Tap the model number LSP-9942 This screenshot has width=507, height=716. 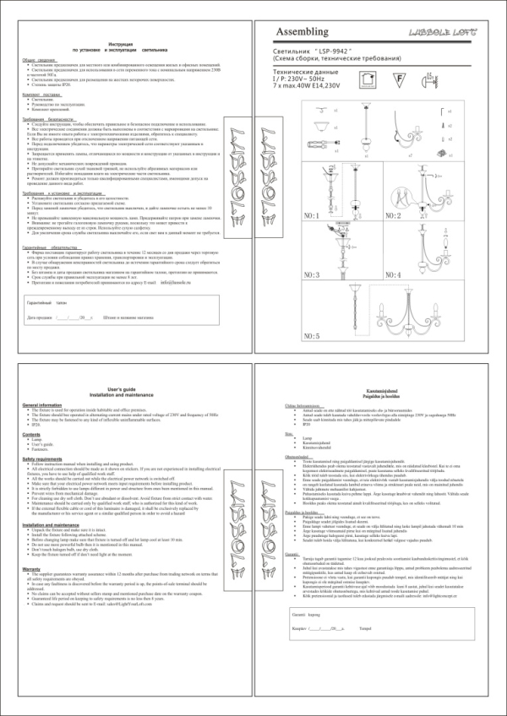pos(335,52)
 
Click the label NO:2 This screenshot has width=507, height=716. pos(392,216)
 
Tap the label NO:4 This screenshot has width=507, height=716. pos(392,275)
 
